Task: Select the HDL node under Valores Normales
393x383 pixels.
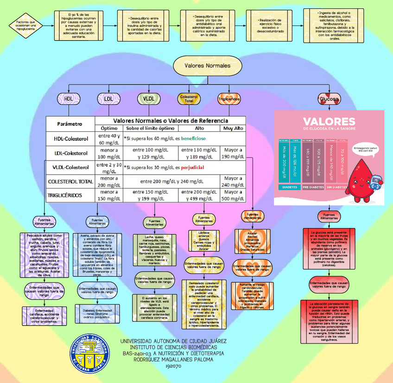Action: pyautogui.click(x=69, y=98)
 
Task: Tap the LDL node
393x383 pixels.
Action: pyautogui.click(x=108, y=98)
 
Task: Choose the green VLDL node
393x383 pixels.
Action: pyautogui.click(x=149, y=98)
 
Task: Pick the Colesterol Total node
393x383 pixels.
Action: pyautogui.click(x=189, y=98)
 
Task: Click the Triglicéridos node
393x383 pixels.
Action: pyautogui.click(x=229, y=98)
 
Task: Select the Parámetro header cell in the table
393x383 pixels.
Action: pyautogui.click(x=70, y=124)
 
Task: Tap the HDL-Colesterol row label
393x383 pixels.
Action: pyautogui.click(x=70, y=138)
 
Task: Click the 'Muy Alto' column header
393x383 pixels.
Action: pyautogui.click(x=233, y=128)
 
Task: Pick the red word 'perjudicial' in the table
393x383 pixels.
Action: pyautogui.click(x=189, y=167)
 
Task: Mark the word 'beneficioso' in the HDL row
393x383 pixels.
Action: pyautogui.click(x=194, y=138)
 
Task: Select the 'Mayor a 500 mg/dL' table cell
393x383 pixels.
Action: pyautogui.click(x=233, y=195)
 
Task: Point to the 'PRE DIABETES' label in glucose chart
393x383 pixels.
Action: pyautogui.click(x=313, y=187)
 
